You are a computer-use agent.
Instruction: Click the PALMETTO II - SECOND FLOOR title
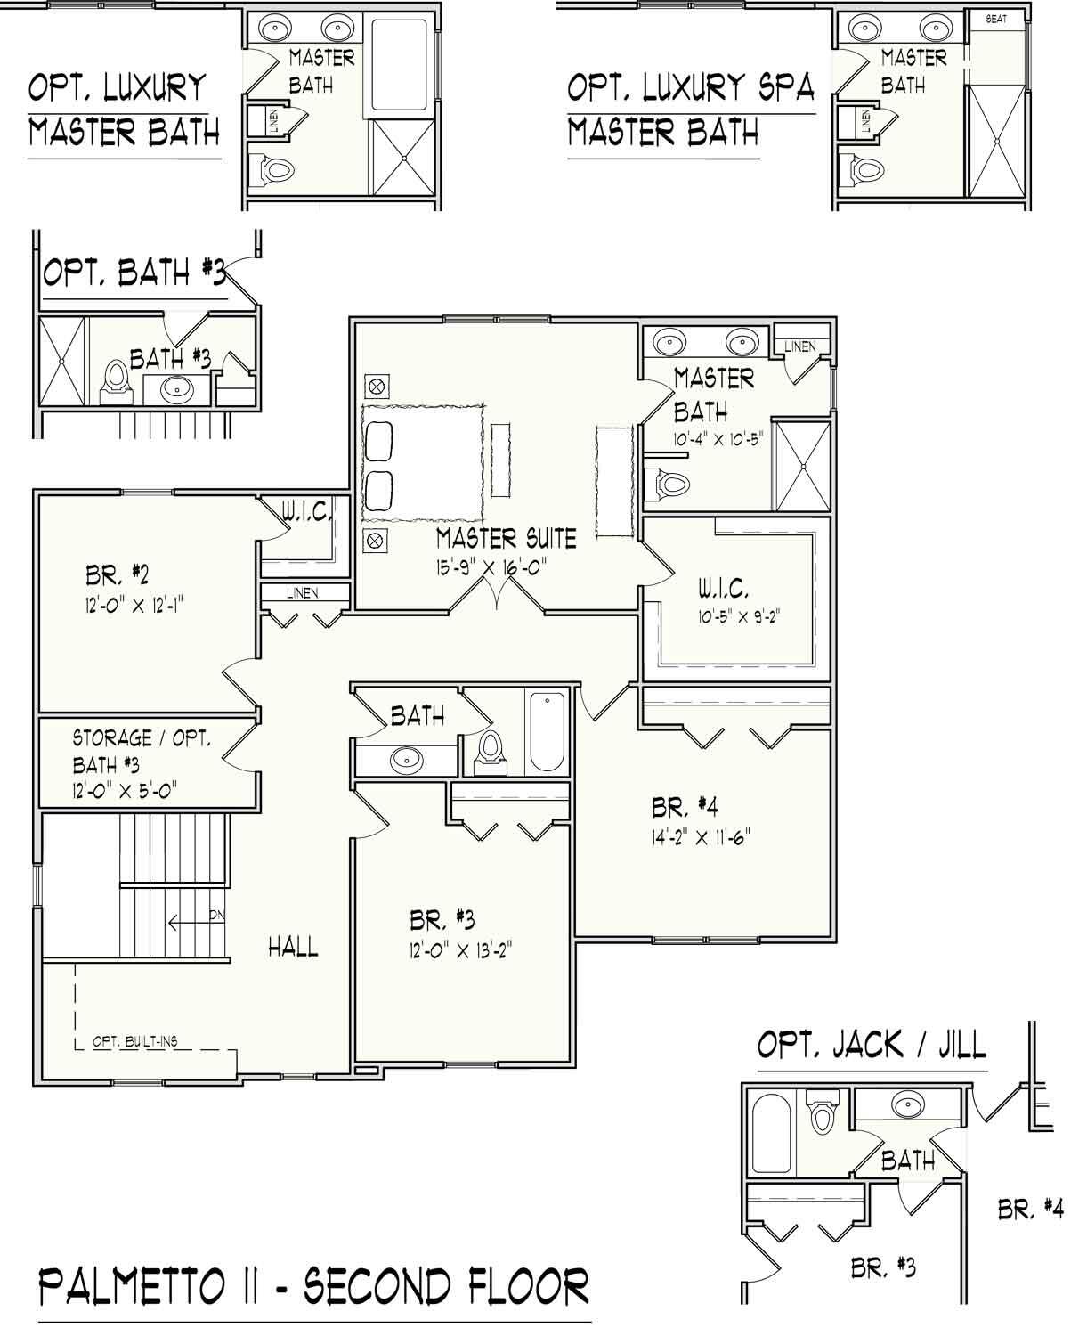(x=313, y=1287)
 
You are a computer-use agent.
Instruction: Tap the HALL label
(x=293, y=947)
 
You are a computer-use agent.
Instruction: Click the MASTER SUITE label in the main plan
(x=506, y=538)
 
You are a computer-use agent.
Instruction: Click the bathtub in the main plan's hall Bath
(x=548, y=731)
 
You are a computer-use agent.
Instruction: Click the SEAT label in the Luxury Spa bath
(x=996, y=19)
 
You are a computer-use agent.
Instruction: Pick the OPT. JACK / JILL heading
(x=872, y=1044)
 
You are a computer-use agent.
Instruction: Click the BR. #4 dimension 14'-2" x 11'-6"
(x=697, y=837)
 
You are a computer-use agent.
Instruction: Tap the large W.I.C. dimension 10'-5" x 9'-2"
(x=739, y=616)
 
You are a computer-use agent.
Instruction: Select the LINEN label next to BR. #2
(x=303, y=593)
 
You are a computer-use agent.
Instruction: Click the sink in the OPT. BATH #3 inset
(x=177, y=388)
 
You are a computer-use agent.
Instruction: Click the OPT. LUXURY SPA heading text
(x=691, y=87)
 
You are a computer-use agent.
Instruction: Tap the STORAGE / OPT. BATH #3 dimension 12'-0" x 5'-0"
(x=126, y=788)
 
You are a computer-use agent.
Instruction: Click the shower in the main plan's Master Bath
(x=801, y=464)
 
